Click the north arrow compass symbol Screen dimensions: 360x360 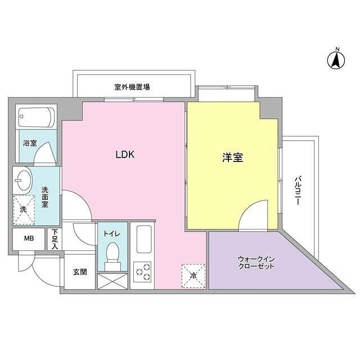click(x=337, y=59)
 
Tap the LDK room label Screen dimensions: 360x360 click(x=124, y=155)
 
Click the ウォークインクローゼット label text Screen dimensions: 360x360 click(x=256, y=262)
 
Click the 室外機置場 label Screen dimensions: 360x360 click(x=132, y=87)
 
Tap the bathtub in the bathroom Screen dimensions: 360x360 click(x=36, y=117)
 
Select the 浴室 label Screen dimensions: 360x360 click(x=30, y=143)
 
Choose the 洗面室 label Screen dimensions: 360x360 click(x=46, y=197)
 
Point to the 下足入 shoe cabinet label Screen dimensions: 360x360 click(x=55, y=239)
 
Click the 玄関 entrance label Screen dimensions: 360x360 click(x=79, y=272)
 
